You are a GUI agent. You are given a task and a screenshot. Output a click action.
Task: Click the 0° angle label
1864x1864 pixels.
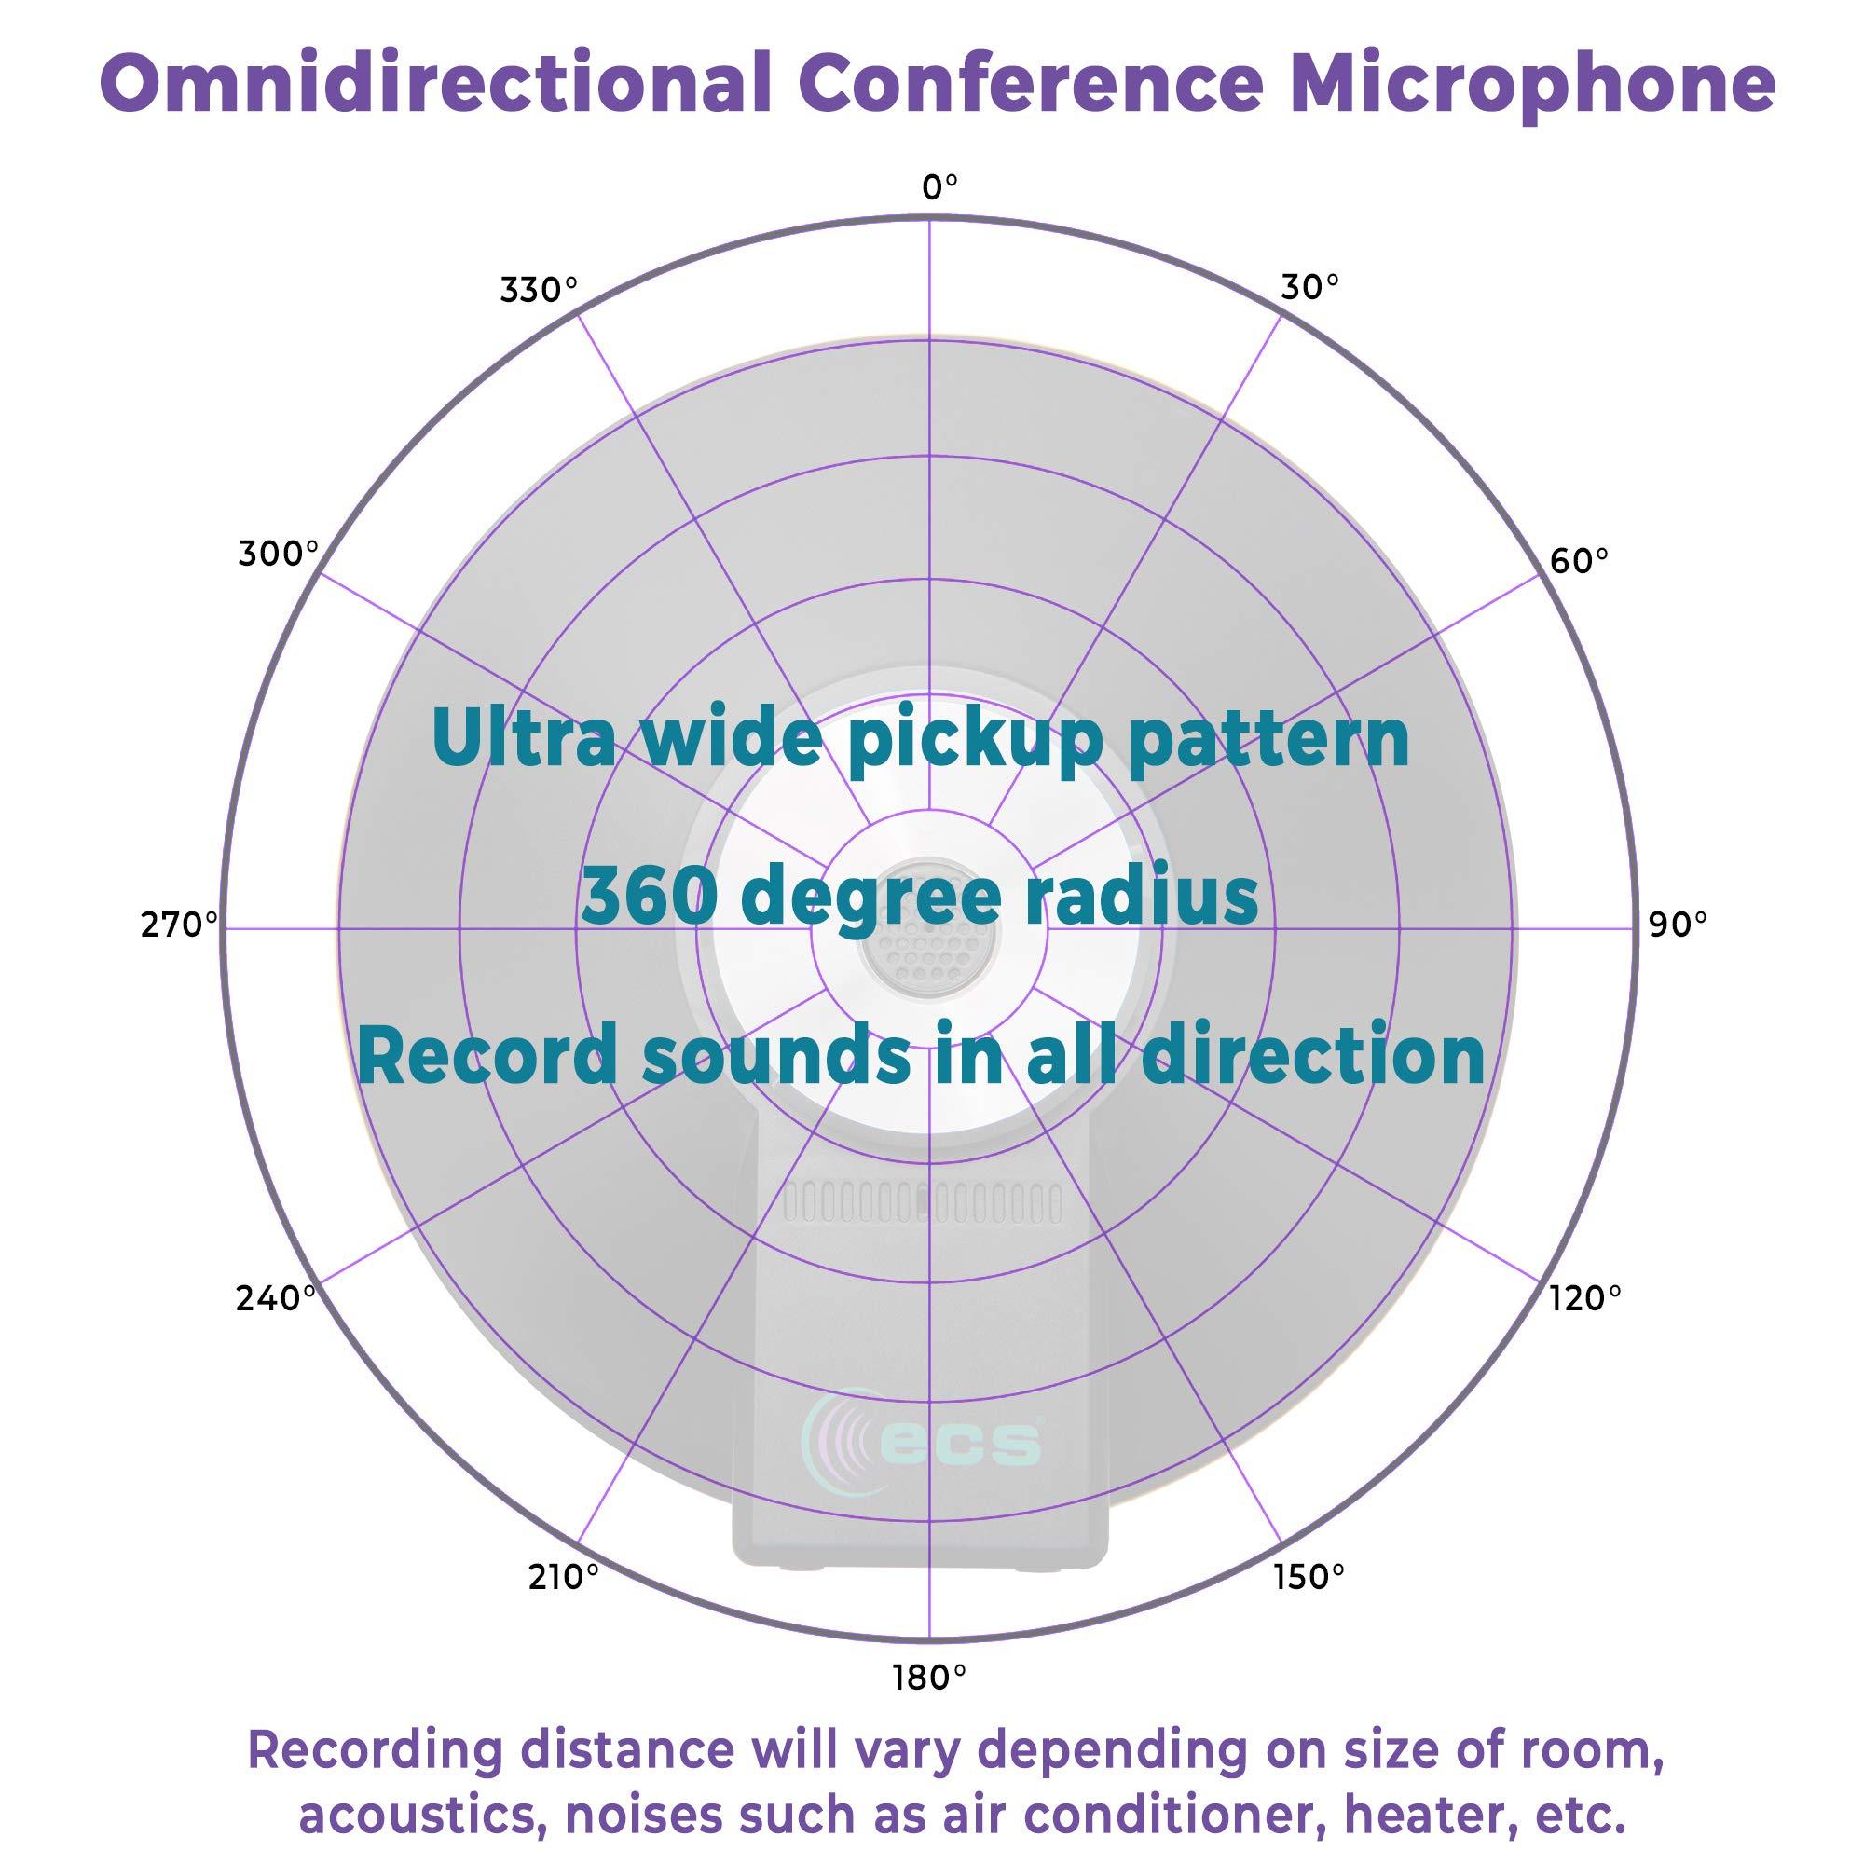[x=939, y=187]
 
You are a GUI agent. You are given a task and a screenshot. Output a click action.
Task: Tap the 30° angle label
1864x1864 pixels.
[x=1309, y=286]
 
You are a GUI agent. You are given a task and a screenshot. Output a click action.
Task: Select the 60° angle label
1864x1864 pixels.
[x=1579, y=559]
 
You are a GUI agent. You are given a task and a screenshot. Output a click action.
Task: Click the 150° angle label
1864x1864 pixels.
[x=1309, y=1578]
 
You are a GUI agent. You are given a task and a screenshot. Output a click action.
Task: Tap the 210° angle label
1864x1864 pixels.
[x=564, y=1578]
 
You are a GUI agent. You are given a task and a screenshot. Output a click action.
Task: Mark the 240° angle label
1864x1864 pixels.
[x=276, y=1298]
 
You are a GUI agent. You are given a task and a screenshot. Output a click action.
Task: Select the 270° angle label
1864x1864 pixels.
[x=180, y=925]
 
